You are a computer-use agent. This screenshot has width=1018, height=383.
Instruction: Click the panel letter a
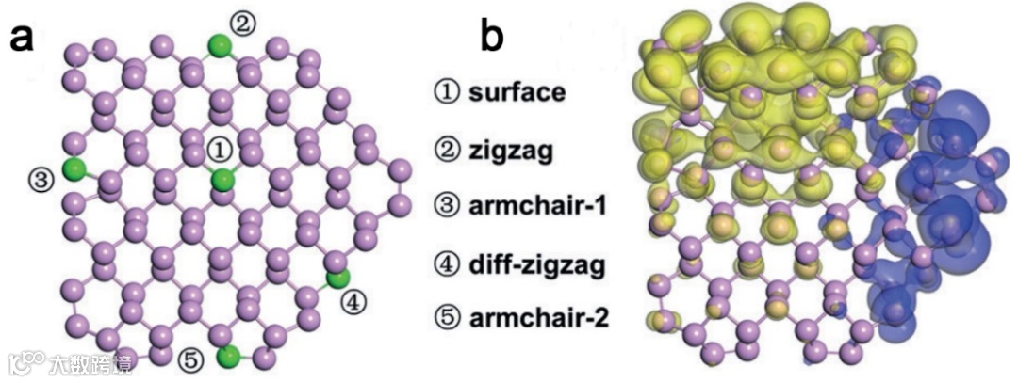coord(25,40)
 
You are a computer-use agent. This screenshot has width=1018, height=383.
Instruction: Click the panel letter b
coord(493,40)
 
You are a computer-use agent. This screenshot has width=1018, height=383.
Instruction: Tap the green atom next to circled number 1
coord(222,180)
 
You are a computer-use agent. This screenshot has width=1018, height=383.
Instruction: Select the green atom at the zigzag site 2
coord(219,44)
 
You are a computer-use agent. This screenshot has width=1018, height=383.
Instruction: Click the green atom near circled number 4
coord(337,278)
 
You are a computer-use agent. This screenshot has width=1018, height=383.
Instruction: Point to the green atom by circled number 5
coord(227,357)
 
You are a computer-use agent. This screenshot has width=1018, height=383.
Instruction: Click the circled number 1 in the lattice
coord(219,149)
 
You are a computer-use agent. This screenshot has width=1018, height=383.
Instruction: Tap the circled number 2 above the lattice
coord(242,23)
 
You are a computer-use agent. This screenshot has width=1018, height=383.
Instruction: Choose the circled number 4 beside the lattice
coord(350,302)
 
